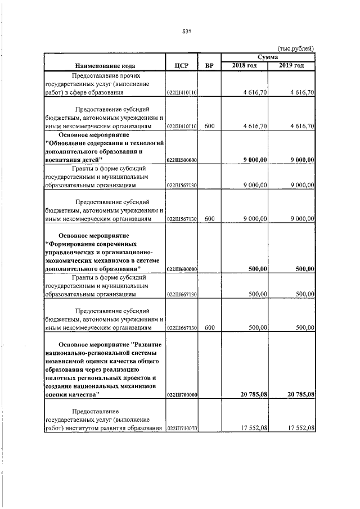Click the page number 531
tap(187, 31)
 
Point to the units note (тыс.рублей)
tap(296, 48)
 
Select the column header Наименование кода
tap(105, 66)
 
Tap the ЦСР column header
tap(181, 66)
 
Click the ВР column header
tap(209, 66)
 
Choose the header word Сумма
tap(268, 57)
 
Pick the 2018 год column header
tap(245, 66)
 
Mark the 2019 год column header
tap(292, 66)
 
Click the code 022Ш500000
tap(181, 160)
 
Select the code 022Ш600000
tap(181, 270)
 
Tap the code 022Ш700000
tap(181, 395)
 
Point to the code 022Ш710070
tap(181, 429)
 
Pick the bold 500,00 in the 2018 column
tap(258, 269)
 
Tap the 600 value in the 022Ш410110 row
tap(209, 126)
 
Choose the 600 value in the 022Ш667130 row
tap(209, 327)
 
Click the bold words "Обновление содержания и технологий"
tap(104, 143)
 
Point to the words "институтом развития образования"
tap(111, 428)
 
